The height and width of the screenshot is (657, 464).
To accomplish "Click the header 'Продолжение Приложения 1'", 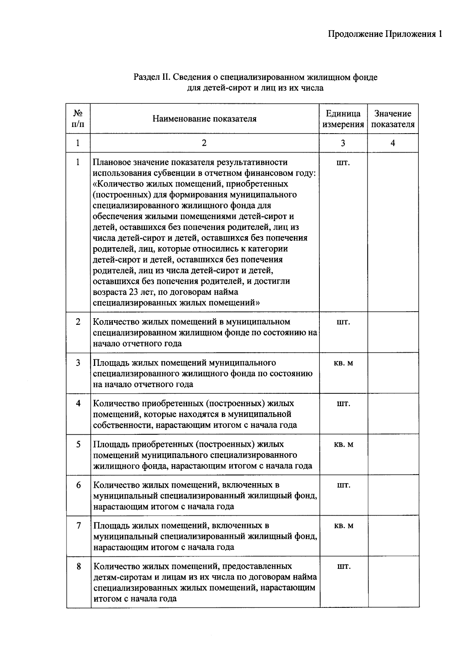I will click(x=385, y=34).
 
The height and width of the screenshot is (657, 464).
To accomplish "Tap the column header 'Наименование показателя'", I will click(x=204, y=119).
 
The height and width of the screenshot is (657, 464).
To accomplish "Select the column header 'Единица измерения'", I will click(x=343, y=119).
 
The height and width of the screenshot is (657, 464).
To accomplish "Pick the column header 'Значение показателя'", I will click(x=392, y=119).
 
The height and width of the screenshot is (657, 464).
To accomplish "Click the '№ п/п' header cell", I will click(x=78, y=119).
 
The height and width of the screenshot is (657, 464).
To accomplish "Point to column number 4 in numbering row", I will click(x=392, y=143).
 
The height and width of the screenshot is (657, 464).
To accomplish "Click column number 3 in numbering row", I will click(x=343, y=143).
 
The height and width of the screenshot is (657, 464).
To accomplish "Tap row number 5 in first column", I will click(x=78, y=444).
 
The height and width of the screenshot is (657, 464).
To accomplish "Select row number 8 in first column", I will click(x=78, y=566).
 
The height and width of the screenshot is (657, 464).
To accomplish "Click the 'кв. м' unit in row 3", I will click(x=343, y=363).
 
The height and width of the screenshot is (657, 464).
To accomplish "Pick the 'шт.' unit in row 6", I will click(x=343, y=485).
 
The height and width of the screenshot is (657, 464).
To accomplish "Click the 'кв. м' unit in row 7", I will click(x=343, y=525).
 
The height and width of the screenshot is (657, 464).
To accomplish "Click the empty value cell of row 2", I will click(x=393, y=332).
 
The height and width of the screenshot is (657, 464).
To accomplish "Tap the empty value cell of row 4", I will click(x=393, y=414).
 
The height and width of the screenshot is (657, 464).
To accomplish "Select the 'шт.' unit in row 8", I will click(x=343, y=566).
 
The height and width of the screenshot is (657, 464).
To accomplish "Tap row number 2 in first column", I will click(x=78, y=322).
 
